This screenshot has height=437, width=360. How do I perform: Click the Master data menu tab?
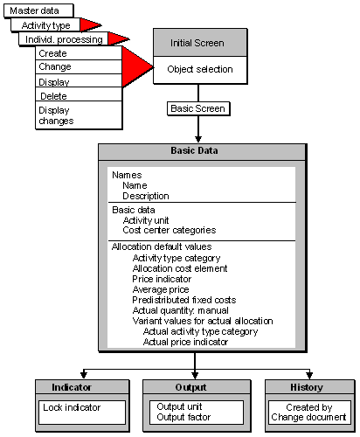[34, 10]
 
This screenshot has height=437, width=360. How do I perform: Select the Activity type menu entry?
[45, 25]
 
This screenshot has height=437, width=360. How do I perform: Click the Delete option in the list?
[54, 95]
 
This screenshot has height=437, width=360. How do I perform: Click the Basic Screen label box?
[197, 109]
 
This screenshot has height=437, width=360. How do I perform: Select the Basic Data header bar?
[200, 150]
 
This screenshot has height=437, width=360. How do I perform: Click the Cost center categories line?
[169, 231]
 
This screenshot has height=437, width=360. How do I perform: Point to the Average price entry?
[161, 288]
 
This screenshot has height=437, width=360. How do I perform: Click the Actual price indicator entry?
[185, 342]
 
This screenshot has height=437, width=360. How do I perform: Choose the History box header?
[305, 387]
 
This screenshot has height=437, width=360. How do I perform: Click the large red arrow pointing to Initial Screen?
[136, 66]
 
